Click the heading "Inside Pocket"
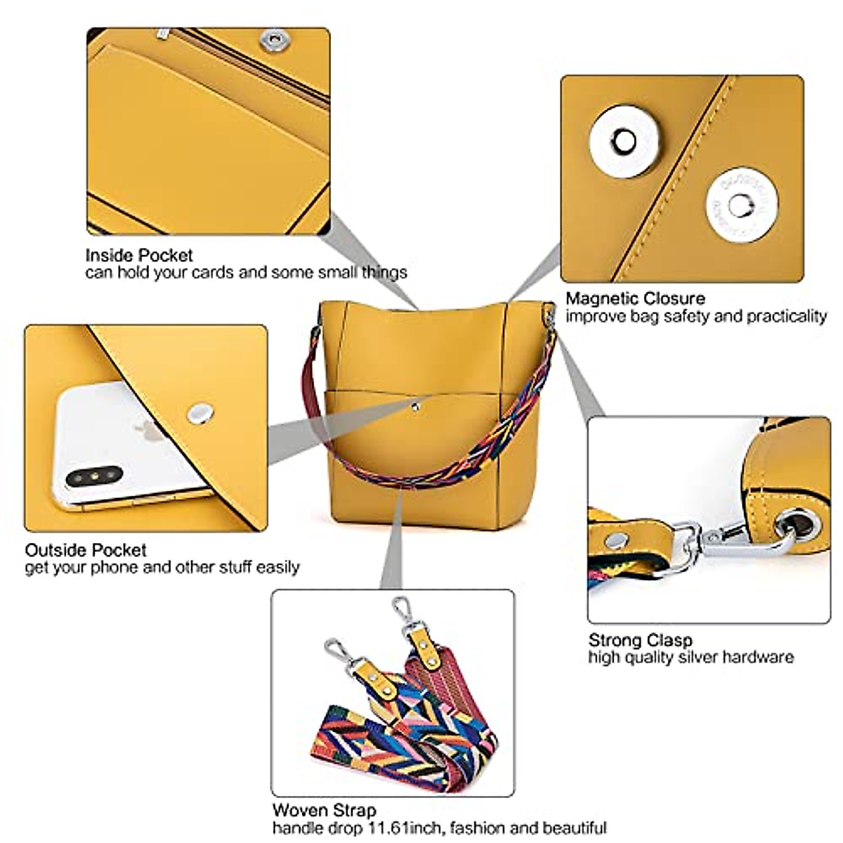[x=139, y=255]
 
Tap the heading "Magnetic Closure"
[x=635, y=299]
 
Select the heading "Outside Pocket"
[x=86, y=550]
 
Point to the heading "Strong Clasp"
[x=640, y=640]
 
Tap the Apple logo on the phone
[x=152, y=432]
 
